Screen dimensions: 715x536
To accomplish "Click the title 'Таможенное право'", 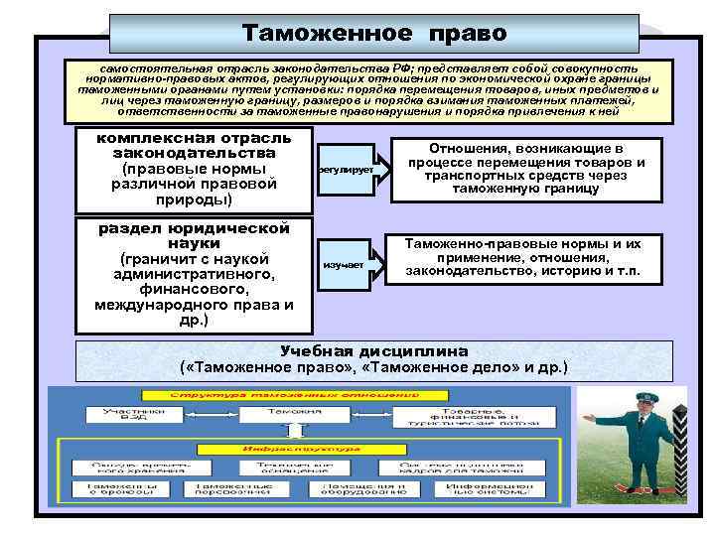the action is [374, 33].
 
